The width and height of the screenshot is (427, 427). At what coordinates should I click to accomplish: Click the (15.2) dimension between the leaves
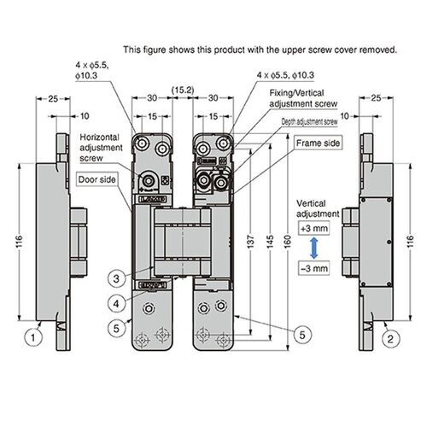pos(181,88)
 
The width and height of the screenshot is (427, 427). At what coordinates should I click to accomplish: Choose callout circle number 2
pos(389,337)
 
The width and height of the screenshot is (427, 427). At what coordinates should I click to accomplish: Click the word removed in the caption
pos(376,50)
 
